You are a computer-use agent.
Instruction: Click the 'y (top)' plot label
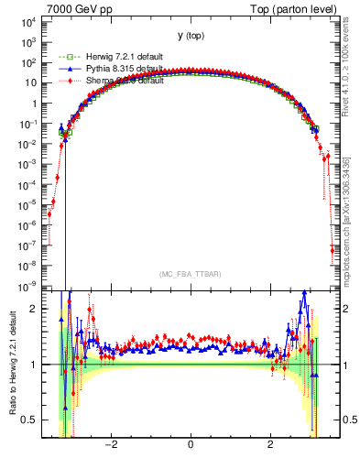pos(191,36)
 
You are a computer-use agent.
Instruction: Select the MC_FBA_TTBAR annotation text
pos(190,274)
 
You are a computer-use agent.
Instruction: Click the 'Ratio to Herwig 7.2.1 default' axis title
pos(10,362)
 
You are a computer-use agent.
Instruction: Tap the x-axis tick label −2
pos(112,446)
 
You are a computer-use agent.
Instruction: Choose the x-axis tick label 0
pos(191,446)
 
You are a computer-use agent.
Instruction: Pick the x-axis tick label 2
pos(269,446)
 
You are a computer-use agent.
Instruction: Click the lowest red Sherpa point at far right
pos(333,249)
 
